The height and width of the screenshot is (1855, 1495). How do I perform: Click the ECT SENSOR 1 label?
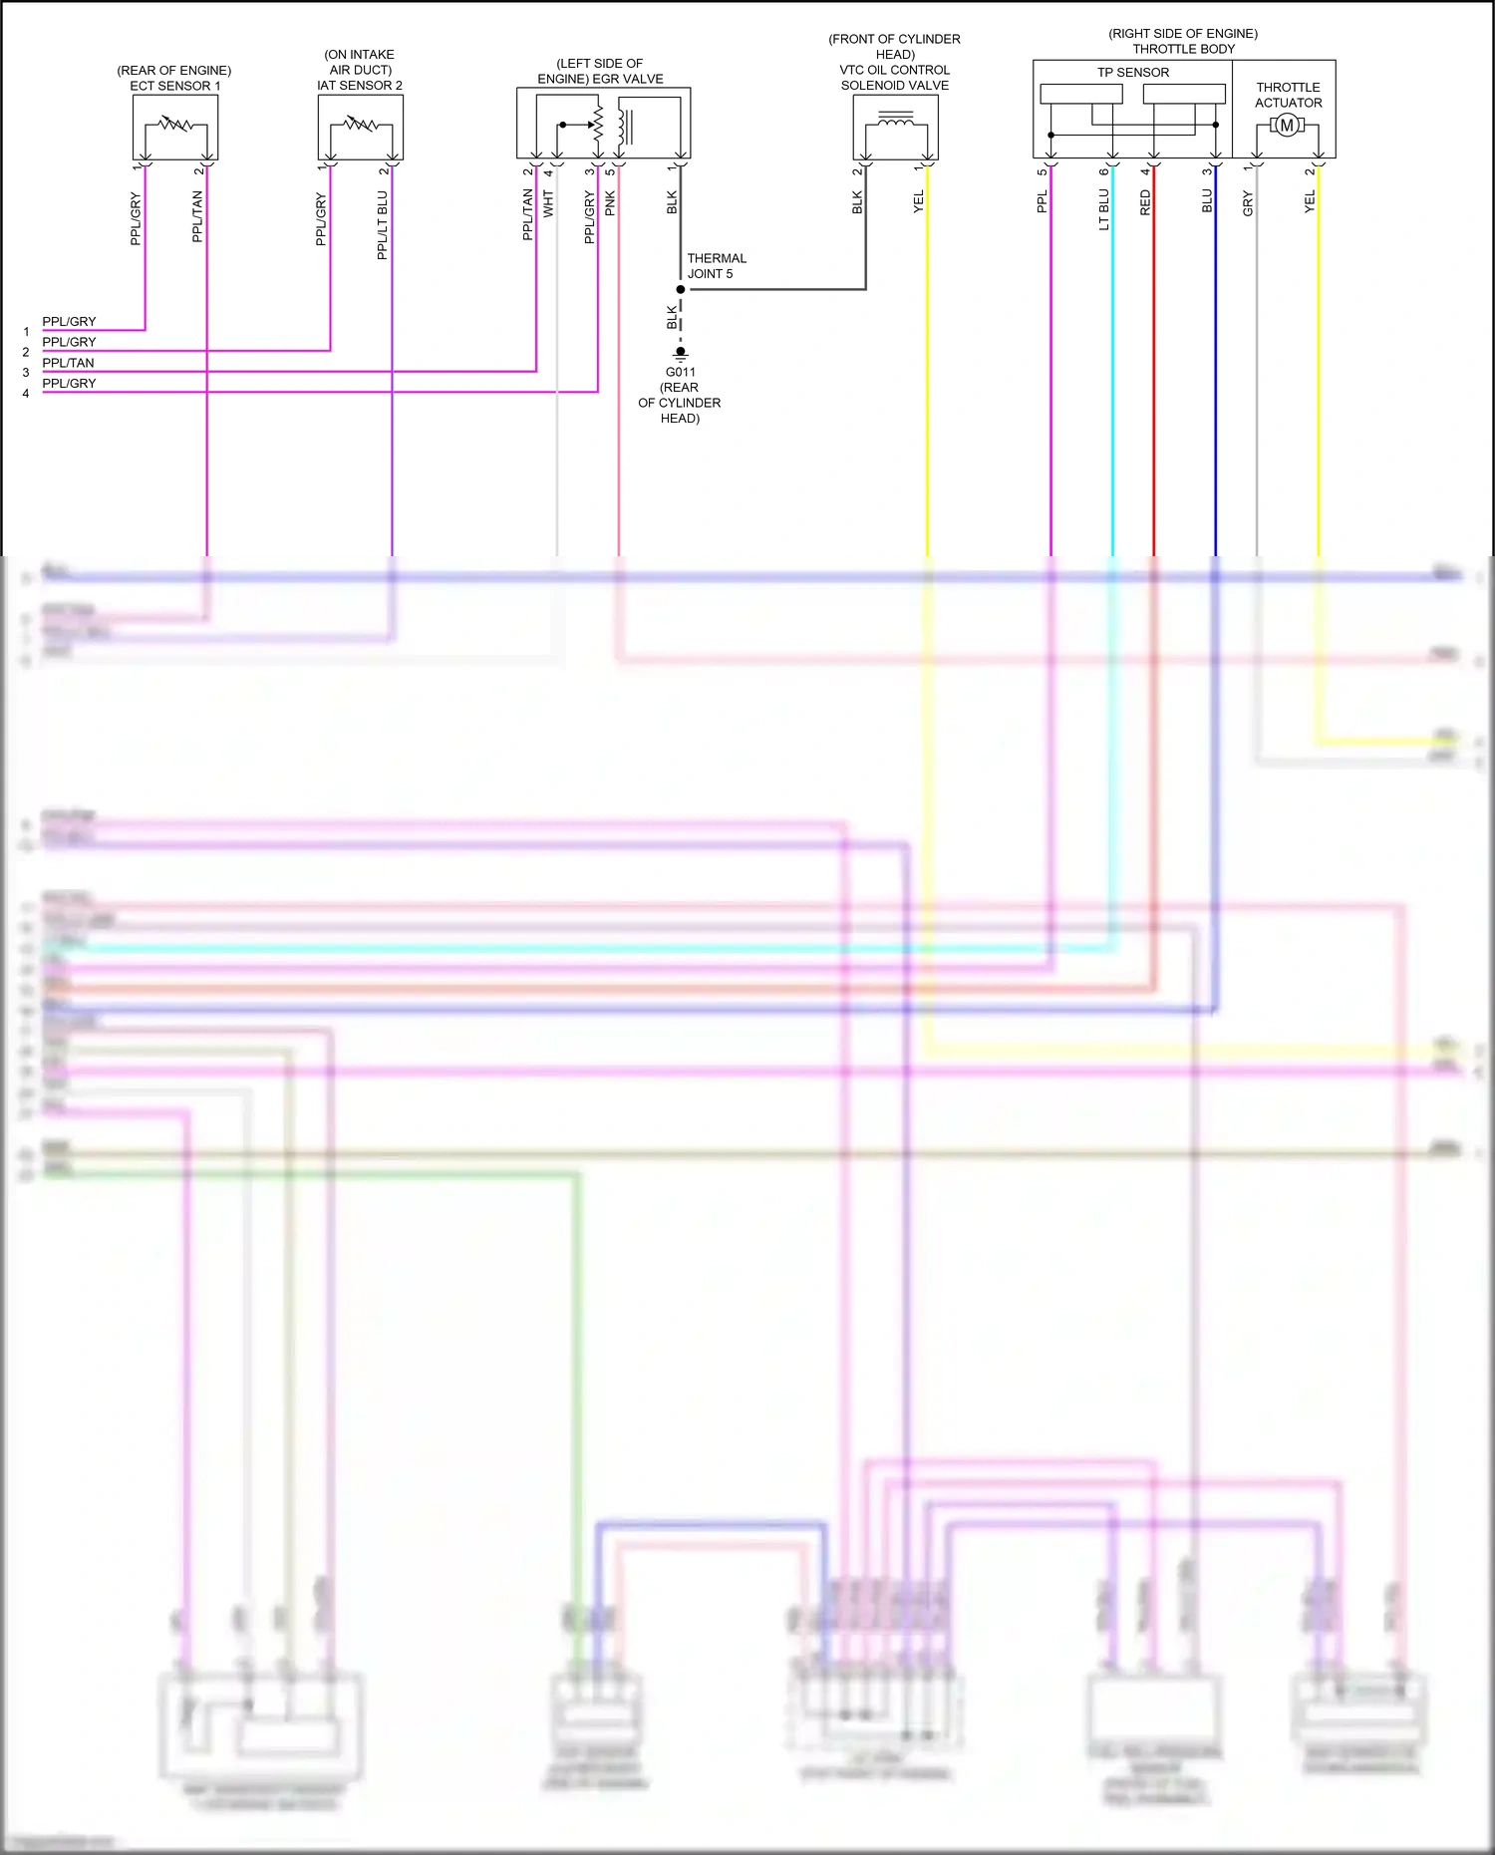(x=174, y=86)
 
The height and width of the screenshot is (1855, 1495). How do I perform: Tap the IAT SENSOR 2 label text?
(x=360, y=86)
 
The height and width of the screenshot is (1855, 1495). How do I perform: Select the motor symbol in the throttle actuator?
(x=1287, y=126)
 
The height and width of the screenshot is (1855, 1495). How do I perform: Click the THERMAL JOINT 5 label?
(x=715, y=266)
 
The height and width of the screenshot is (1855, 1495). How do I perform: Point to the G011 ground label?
(x=681, y=372)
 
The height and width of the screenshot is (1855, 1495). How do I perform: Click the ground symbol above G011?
(x=681, y=352)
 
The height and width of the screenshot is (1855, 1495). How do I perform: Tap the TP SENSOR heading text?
(x=1133, y=73)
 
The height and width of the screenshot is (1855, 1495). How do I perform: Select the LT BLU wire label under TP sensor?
(x=1103, y=210)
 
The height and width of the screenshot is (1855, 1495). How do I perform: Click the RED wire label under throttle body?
(x=1145, y=203)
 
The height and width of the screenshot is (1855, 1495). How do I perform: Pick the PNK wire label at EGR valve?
(x=610, y=203)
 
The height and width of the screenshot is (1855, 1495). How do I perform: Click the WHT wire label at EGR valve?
(x=548, y=204)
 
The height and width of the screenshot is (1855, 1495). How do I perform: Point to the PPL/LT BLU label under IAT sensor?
(x=382, y=226)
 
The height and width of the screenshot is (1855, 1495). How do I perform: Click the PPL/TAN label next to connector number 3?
(x=68, y=363)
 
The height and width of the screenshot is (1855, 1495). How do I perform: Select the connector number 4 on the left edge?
(x=26, y=394)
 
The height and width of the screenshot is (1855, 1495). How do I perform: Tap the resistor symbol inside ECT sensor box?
(x=175, y=124)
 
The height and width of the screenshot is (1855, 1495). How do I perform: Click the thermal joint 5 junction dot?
(x=681, y=290)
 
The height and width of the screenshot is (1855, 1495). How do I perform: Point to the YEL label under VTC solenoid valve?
(x=918, y=201)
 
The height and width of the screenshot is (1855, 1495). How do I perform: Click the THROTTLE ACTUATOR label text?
(x=1288, y=95)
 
